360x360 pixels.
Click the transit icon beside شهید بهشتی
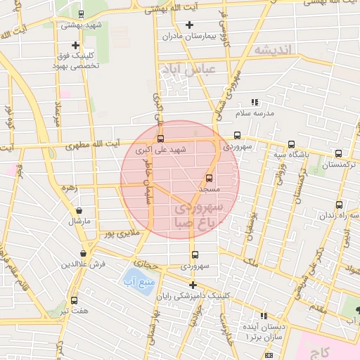[x=82, y=13]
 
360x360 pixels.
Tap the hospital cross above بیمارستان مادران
[x=188, y=25]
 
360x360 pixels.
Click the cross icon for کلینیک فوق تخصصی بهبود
[x=76, y=45]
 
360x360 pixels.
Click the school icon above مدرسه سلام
[x=254, y=102]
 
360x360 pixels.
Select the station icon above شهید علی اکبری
[x=161, y=139]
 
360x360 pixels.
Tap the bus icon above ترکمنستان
[x=339, y=153]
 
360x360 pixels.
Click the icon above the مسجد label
[x=209, y=178]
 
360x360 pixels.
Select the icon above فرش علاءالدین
[x=83, y=253]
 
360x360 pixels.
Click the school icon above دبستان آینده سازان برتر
[x=264, y=316]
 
